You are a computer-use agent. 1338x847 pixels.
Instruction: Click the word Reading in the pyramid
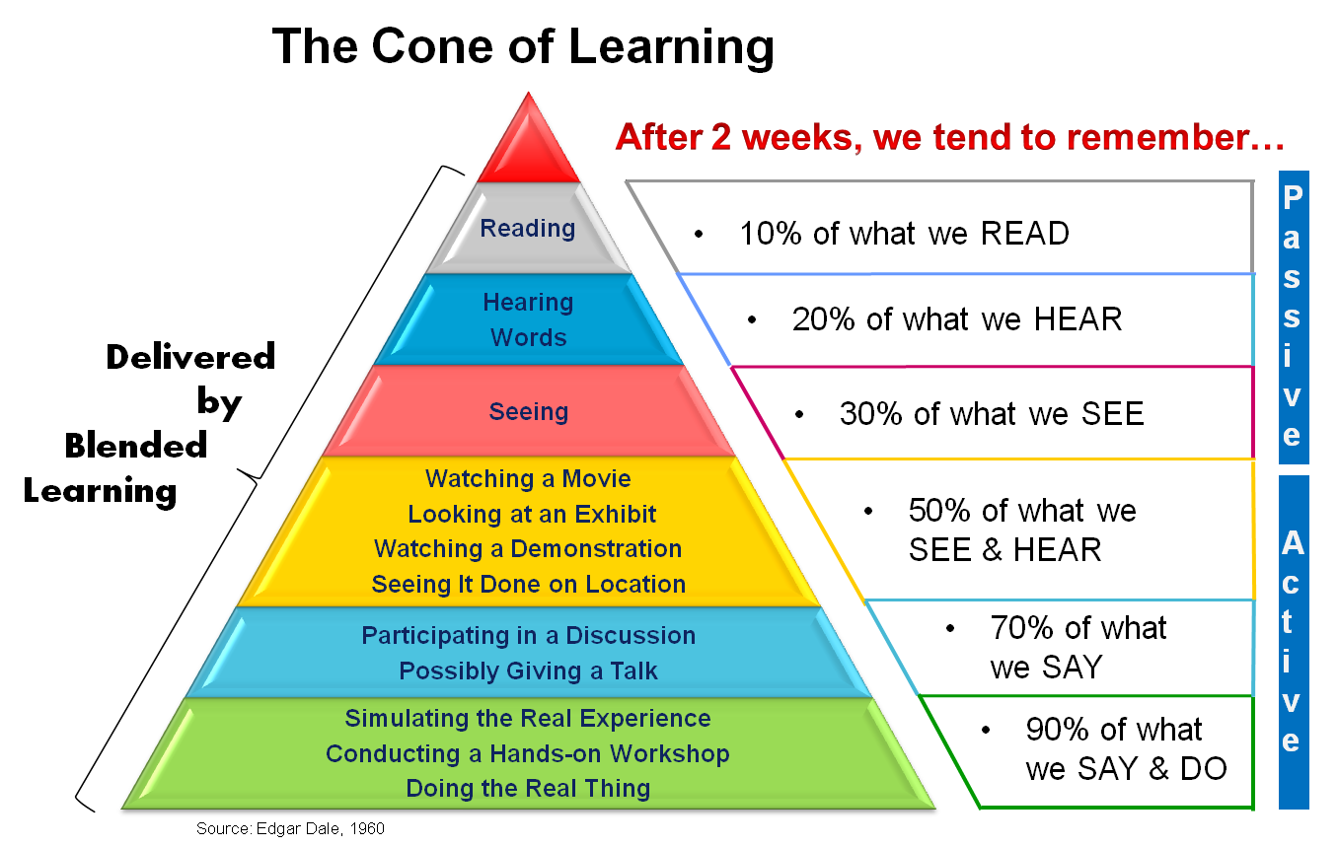click(x=528, y=228)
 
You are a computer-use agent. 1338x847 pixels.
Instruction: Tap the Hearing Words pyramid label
click(x=528, y=319)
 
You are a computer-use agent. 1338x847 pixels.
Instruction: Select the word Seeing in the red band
click(x=529, y=411)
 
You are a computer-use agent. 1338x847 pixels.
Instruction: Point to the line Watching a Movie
click(x=528, y=479)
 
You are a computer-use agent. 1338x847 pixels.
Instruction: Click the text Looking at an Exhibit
click(x=532, y=514)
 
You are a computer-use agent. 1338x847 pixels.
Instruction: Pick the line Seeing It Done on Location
click(x=529, y=584)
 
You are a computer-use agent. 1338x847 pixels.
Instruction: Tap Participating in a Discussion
click(x=529, y=636)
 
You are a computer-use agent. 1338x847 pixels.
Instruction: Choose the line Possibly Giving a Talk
click(x=529, y=671)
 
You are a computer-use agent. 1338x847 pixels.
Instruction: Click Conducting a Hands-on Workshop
click(x=528, y=754)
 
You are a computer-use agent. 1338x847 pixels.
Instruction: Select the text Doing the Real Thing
click(x=528, y=789)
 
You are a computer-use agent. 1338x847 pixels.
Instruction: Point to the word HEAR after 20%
click(x=1078, y=319)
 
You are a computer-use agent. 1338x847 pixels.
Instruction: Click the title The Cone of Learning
click(x=523, y=46)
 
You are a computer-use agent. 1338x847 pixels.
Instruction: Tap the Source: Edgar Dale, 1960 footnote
click(x=290, y=829)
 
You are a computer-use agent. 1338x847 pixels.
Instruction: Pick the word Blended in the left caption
click(x=136, y=446)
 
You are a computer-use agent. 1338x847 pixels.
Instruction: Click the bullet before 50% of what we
click(x=868, y=512)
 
